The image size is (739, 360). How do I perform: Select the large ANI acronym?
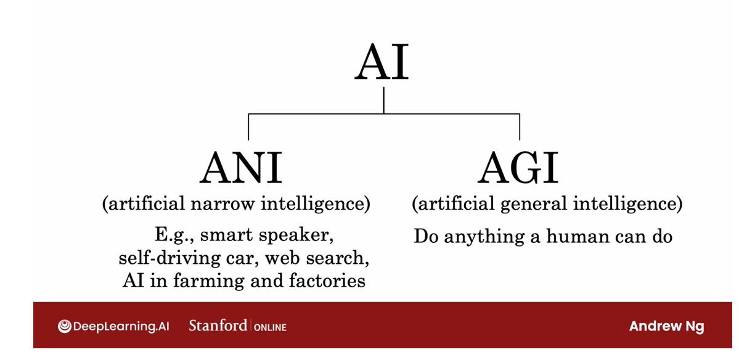241,168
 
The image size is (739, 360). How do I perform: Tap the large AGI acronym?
518,168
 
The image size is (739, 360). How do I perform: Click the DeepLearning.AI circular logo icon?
65,326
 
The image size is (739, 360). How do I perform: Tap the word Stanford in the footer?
218,325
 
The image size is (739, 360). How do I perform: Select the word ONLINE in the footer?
271,327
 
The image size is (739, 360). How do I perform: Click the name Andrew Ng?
666,326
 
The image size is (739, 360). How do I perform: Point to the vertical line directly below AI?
383,100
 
